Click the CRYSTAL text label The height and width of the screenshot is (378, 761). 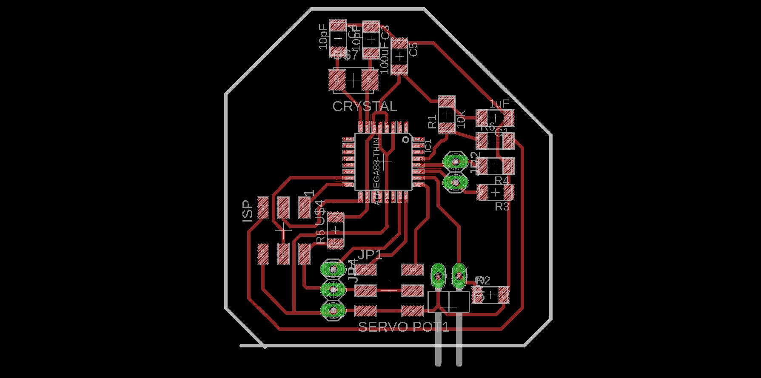[x=365, y=106]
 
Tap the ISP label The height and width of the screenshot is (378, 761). [x=248, y=211]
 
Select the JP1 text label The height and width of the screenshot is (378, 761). [x=370, y=255]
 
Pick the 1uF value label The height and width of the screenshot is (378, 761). [x=499, y=104]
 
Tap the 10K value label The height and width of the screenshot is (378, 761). [x=461, y=119]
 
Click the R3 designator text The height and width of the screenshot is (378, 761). [x=502, y=207]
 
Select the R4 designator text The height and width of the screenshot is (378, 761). [x=502, y=181]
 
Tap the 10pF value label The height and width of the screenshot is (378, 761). [x=323, y=37]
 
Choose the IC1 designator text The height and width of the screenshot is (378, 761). [x=428, y=146]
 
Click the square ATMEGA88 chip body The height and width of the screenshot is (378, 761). [x=383, y=162]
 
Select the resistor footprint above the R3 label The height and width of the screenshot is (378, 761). [x=495, y=193]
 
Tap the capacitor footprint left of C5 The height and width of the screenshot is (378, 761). [x=399, y=56]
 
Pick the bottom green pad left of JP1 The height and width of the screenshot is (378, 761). [x=333, y=311]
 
